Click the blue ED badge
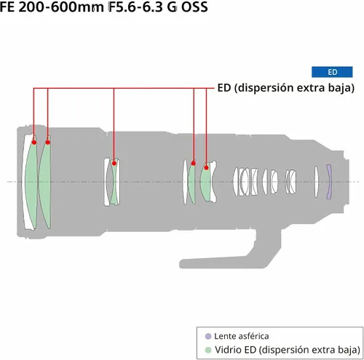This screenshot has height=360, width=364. pyautogui.click(x=332, y=72)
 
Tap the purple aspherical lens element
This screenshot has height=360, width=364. pyautogui.click(x=329, y=182)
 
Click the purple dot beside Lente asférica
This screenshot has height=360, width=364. pyautogui.click(x=208, y=336)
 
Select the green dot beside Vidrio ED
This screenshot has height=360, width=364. pyautogui.click(x=208, y=350)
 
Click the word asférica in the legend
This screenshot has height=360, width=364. pyautogui.click(x=253, y=336)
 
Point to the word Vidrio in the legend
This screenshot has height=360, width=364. pyautogui.click(x=229, y=350)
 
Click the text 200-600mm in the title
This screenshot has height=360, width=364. pyautogui.click(x=61, y=7)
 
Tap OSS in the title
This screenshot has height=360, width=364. pyautogui.click(x=194, y=7)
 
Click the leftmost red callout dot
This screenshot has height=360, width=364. pyautogui.click(x=34, y=143)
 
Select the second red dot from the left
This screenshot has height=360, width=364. pyautogui.click(x=48, y=143)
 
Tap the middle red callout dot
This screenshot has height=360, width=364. pyautogui.click(x=114, y=163)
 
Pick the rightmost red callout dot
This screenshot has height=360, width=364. pyautogui.click(x=206, y=167)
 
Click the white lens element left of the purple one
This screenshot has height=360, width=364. pyautogui.click(x=316, y=182)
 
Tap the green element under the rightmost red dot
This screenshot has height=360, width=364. pyautogui.click(x=206, y=182)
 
